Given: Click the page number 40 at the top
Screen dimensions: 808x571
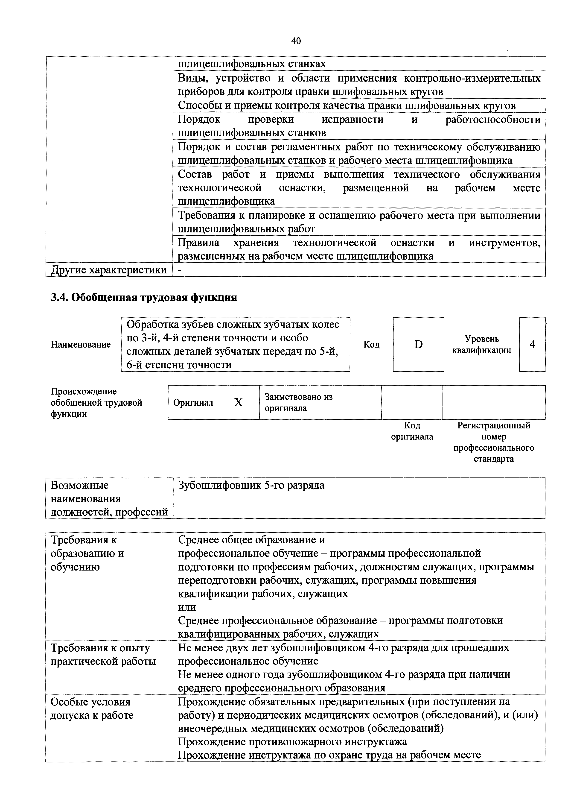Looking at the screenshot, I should click(296, 41).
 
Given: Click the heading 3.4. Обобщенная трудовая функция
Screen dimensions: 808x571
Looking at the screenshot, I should click(144, 298).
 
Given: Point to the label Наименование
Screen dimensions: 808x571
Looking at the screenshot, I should click(81, 345).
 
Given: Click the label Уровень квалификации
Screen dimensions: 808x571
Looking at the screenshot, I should click(482, 345).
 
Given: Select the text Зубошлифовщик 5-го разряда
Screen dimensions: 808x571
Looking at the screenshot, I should click(251, 486).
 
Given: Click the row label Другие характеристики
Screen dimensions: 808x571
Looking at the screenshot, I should click(109, 270).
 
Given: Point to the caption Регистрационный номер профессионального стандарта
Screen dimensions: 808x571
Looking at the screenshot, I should click(494, 442).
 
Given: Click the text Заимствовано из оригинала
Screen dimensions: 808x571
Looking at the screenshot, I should click(298, 403).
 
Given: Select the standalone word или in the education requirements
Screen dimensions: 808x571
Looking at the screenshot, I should click(187, 607).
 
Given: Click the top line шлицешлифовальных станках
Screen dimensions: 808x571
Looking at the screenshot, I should click(252, 64).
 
